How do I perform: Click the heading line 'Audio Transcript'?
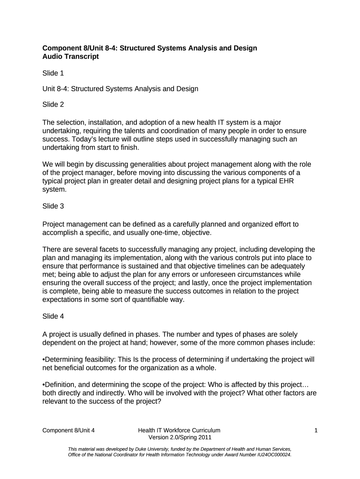(71, 57)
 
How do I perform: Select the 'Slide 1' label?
(53, 73)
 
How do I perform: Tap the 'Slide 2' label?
(53, 104)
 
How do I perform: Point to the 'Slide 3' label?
(53, 206)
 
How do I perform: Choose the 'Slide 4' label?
(53, 316)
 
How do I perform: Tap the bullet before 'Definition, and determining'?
(43, 385)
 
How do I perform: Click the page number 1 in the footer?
(316, 430)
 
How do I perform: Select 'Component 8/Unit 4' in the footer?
(72, 430)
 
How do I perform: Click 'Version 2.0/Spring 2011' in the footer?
(180, 438)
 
